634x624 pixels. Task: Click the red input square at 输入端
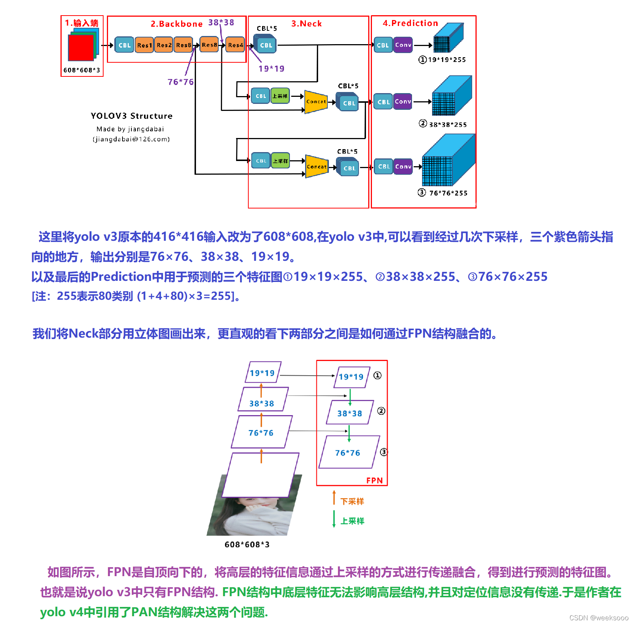pyautogui.click(x=81, y=47)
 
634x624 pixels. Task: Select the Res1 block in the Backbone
pyautogui.click(x=144, y=45)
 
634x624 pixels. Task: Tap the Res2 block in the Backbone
pyautogui.click(x=164, y=45)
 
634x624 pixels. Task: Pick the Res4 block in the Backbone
pyautogui.click(x=235, y=45)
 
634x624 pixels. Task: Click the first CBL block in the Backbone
pyautogui.click(x=124, y=45)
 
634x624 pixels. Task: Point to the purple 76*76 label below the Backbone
pyautogui.click(x=180, y=82)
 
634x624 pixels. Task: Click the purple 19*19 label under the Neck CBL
pyautogui.click(x=271, y=69)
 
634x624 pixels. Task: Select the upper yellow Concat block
pyautogui.click(x=316, y=102)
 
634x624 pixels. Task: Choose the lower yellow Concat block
pyautogui.click(x=317, y=167)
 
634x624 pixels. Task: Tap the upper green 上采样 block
pyautogui.click(x=280, y=96)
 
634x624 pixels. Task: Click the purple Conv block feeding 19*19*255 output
pyautogui.click(x=403, y=45)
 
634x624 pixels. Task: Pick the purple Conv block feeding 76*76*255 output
pyautogui.click(x=403, y=167)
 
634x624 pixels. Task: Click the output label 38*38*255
pyautogui.click(x=448, y=125)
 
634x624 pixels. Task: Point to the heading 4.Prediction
pyautogui.click(x=410, y=23)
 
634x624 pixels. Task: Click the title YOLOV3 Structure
pyautogui.click(x=131, y=116)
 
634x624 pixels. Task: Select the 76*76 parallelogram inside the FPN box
pyautogui.click(x=348, y=453)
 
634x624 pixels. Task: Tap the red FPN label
pyautogui.click(x=374, y=480)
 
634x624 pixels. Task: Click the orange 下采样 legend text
pyautogui.click(x=352, y=501)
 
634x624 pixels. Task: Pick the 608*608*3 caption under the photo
pyautogui.click(x=247, y=544)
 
